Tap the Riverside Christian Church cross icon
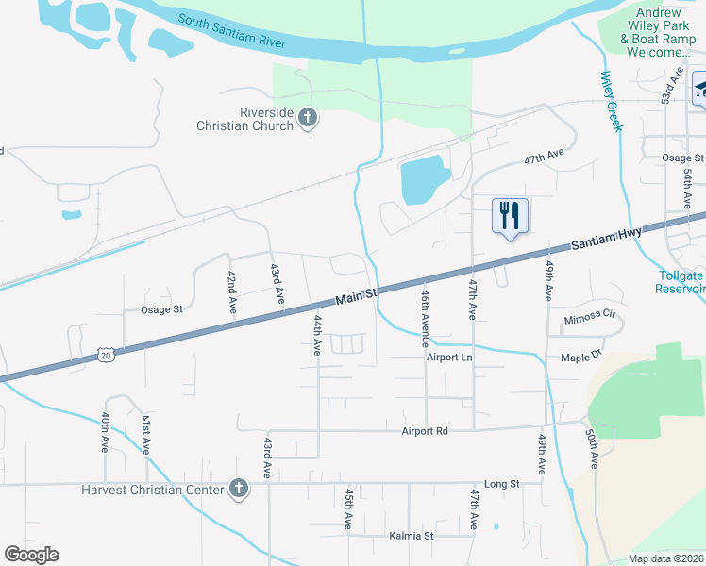307,119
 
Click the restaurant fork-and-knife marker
510,216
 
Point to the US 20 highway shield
106,354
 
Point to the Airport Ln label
448,358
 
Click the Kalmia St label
411,536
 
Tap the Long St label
501,484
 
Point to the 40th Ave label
105,433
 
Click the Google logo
31,555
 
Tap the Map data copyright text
666,558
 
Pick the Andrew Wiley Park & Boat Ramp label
658,33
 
